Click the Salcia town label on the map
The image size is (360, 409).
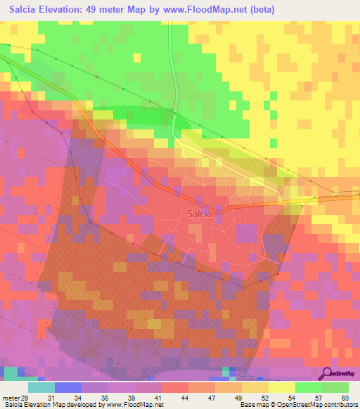tap(200, 214)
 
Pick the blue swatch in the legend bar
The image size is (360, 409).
tap(68, 387)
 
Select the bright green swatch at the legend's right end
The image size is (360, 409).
tap(335, 387)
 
